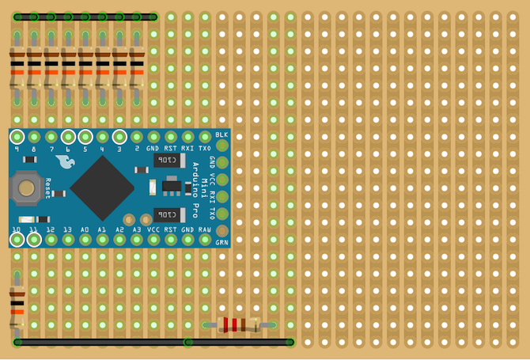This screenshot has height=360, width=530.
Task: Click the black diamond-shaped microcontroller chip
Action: pyautogui.click(x=102, y=188)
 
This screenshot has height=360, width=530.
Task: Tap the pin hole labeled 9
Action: pyautogui.click(x=17, y=137)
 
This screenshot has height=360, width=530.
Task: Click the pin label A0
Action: pyautogui.click(x=85, y=229)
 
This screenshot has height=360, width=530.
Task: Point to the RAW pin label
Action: pyautogui.click(x=205, y=229)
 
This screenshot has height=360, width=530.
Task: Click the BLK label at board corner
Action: pyautogui.click(x=221, y=136)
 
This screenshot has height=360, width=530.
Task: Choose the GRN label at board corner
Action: pyautogui.click(x=222, y=242)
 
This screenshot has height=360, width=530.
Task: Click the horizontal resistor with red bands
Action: pyautogui.click(x=237, y=324)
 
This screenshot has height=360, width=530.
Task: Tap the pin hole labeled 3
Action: pyautogui.click(x=119, y=137)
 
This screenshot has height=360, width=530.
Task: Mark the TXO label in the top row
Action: pyautogui.click(x=205, y=148)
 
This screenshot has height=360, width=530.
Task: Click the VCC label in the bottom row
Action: pyautogui.click(x=154, y=229)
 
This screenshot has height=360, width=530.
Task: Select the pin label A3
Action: pyautogui.click(x=137, y=229)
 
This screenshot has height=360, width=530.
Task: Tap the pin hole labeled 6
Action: pyautogui.click(x=68, y=137)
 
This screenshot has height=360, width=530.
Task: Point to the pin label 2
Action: pyautogui.click(x=137, y=148)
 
